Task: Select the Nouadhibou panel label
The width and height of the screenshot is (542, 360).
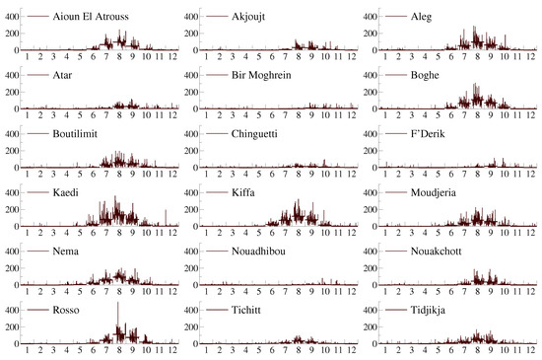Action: pos(262,251)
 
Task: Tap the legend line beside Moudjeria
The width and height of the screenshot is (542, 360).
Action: pos(393,192)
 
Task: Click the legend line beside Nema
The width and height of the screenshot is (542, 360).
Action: pos(34,251)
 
